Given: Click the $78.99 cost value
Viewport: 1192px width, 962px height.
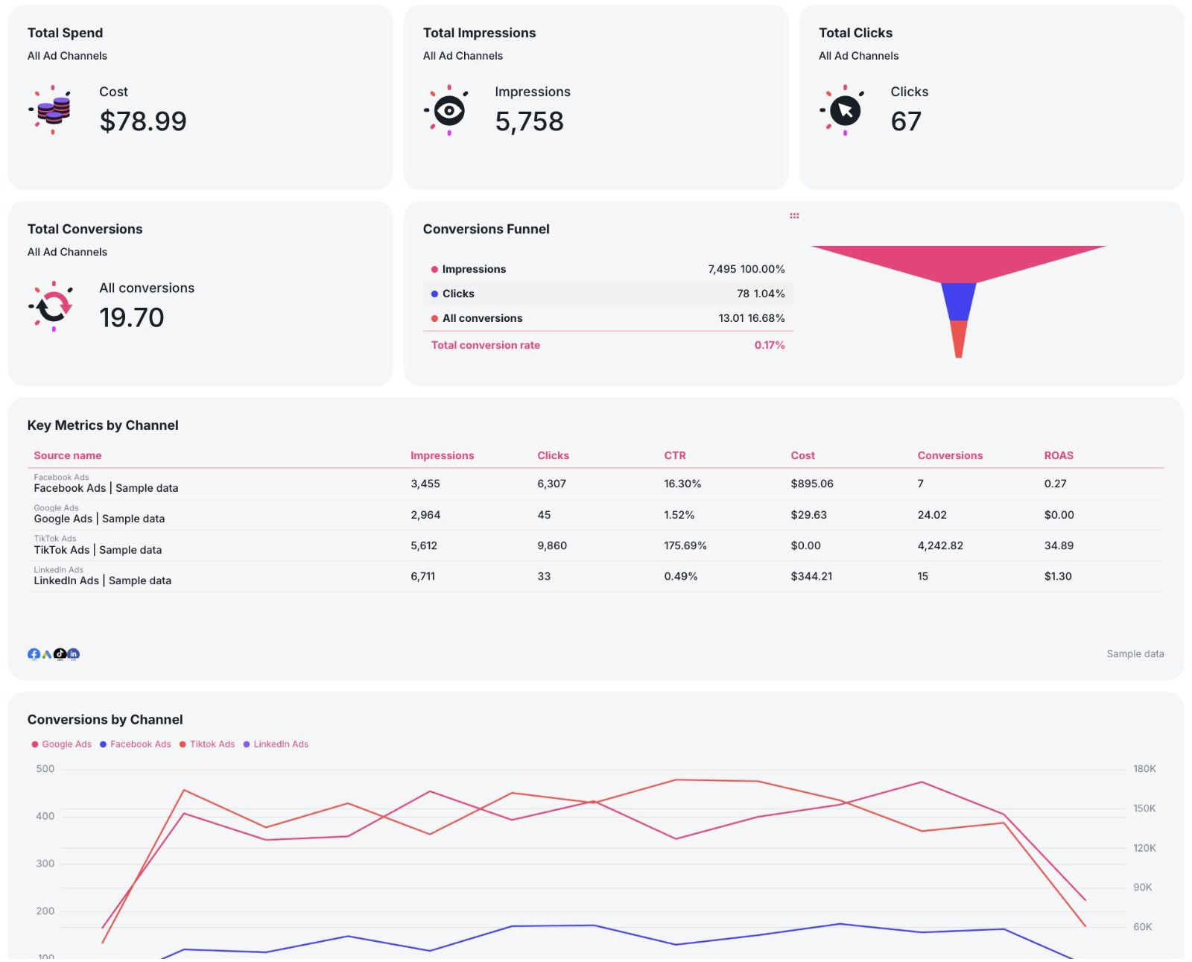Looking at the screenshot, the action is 143,121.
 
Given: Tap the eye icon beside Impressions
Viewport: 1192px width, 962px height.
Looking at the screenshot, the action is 448,110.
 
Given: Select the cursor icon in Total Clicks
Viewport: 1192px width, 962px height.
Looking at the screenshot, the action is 845,110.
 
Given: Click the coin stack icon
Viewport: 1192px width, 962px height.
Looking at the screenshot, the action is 53,110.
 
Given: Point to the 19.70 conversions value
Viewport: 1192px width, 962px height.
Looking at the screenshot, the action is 132,317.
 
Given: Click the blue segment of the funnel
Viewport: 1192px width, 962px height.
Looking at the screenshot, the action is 959,302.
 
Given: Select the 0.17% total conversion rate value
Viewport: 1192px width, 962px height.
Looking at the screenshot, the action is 770,345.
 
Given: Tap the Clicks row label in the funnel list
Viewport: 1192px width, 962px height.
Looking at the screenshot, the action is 458,294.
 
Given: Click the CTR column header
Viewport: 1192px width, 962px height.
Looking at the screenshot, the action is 675,455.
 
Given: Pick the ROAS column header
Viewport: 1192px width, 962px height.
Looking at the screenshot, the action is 1059,455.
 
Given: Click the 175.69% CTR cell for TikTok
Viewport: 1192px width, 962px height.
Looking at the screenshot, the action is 685,546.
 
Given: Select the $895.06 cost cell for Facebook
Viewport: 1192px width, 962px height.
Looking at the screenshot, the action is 812,484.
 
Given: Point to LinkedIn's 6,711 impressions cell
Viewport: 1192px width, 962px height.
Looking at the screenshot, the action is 422,576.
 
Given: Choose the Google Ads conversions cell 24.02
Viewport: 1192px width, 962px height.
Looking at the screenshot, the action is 932,515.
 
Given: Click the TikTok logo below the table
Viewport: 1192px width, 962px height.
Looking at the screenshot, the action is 60,654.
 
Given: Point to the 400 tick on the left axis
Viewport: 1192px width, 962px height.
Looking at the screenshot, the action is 45,816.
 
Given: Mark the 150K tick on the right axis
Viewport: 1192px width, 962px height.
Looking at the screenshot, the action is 1144,808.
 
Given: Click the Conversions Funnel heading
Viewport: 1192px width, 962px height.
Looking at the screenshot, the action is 486,229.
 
